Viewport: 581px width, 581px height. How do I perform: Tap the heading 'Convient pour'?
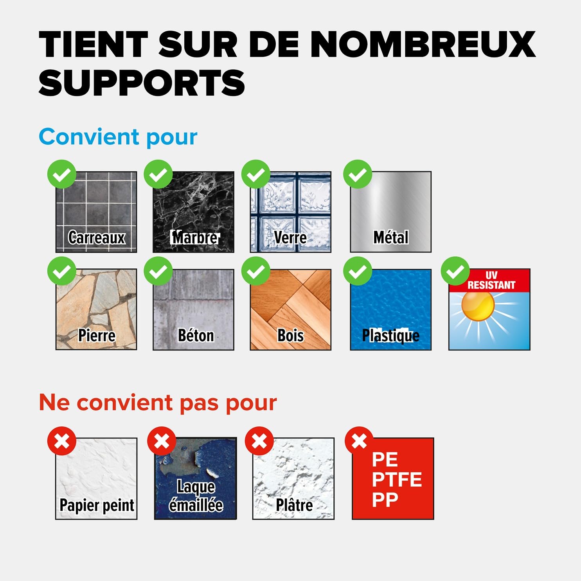point(118,137)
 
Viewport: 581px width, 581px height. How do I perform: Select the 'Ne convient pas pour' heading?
point(158,403)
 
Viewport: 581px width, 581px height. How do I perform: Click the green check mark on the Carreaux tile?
point(62,174)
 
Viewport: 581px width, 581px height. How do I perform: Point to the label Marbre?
point(194,237)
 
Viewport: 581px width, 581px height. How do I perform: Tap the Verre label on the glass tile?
point(290,237)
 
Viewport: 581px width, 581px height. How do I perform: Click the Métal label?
point(391,237)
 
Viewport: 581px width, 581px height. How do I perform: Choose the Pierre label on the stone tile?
point(97,335)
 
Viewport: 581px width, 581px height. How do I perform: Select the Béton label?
point(196,335)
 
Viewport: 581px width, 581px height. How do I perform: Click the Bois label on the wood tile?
point(290,335)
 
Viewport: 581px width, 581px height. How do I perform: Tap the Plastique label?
point(390,336)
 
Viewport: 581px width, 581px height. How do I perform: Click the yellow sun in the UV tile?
point(478,306)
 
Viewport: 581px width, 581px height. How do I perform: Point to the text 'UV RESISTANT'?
point(491,280)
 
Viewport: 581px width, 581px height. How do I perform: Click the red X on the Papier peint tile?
point(62,441)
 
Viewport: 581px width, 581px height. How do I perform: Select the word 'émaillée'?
point(196,505)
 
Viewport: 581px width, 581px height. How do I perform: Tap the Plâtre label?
point(294,505)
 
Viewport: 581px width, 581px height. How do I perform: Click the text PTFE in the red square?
point(397,480)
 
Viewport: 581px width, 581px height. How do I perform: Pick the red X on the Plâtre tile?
point(259,441)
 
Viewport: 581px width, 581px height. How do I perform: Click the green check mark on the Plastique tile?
point(358,271)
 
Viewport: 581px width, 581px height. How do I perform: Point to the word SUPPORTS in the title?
point(142,83)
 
